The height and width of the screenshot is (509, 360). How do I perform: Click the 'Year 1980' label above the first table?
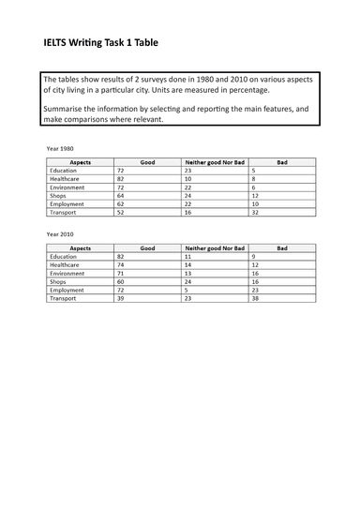pyautogui.click(x=62, y=148)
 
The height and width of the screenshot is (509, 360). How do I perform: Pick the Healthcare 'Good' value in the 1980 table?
pyautogui.click(x=121, y=178)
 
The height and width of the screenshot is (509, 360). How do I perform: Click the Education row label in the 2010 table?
pyautogui.click(x=64, y=255)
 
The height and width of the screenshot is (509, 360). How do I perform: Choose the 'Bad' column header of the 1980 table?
pyautogui.click(x=282, y=162)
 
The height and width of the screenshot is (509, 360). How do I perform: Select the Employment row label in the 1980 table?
pyautogui.click(x=67, y=203)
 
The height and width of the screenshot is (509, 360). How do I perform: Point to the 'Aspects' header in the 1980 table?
pyautogui.click(x=80, y=162)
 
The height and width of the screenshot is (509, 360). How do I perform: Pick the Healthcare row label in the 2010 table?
pyautogui.click(x=66, y=263)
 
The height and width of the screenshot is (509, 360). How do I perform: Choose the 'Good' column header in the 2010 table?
pyautogui.click(x=147, y=247)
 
